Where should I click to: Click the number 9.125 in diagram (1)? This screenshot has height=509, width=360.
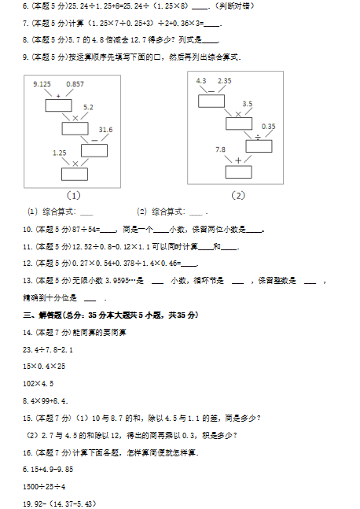click(42, 84)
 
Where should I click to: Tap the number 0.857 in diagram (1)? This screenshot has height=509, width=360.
click(75, 84)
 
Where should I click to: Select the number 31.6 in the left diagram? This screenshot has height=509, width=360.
click(106, 130)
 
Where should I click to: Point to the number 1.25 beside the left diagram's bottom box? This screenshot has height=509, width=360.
click(60, 153)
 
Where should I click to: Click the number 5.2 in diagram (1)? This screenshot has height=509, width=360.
click(88, 108)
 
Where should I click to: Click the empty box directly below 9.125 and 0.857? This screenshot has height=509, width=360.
click(58, 105)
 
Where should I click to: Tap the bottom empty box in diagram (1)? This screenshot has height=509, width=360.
click(75, 174)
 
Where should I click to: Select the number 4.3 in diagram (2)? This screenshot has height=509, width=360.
click(201, 81)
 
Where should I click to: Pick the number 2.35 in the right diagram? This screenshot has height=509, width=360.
click(225, 81)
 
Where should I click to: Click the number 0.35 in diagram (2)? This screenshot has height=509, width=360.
click(269, 127)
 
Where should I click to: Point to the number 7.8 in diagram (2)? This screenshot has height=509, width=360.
click(220, 149)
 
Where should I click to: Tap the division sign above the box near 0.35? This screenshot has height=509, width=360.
click(258, 138)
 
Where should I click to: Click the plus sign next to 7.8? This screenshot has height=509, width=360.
click(238, 160)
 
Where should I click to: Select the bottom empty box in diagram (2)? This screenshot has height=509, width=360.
click(239, 172)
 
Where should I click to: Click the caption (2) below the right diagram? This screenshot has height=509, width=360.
click(238, 195)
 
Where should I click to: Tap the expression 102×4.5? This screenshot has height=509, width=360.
click(38, 384)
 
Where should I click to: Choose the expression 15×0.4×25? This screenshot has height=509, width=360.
click(44, 367)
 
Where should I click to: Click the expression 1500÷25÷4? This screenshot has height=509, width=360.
click(44, 487)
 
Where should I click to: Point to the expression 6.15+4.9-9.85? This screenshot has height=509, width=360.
click(48, 470)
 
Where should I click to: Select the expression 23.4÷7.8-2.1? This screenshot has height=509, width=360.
click(48, 349)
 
